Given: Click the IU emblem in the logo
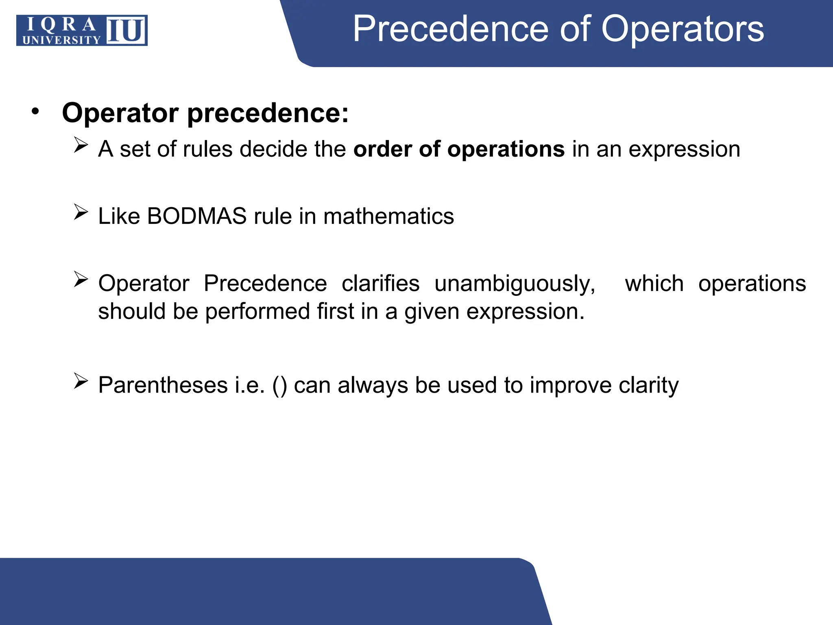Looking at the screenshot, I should tap(126, 31).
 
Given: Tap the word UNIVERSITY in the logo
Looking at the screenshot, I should tap(61, 39).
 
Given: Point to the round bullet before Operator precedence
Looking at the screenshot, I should tap(36, 111).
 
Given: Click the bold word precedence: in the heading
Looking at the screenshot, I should tap(268, 113).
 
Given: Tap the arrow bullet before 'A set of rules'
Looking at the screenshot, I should tap(81, 145).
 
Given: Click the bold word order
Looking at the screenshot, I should tap(382, 149).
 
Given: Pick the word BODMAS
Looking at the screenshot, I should tap(196, 216).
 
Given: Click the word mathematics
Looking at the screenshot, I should tap(388, 216).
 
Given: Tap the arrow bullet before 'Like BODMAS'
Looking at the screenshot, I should tap(81, 212).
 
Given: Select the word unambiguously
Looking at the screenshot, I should tap(515, 284).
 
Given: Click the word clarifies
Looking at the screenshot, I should tap(380, 284).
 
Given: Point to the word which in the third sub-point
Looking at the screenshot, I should tap(654, 284).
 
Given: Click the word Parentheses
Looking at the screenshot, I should tap(163, 385).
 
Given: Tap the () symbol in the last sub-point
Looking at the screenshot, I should tap(279, 386).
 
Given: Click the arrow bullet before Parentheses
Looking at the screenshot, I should tap(81, 381).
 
